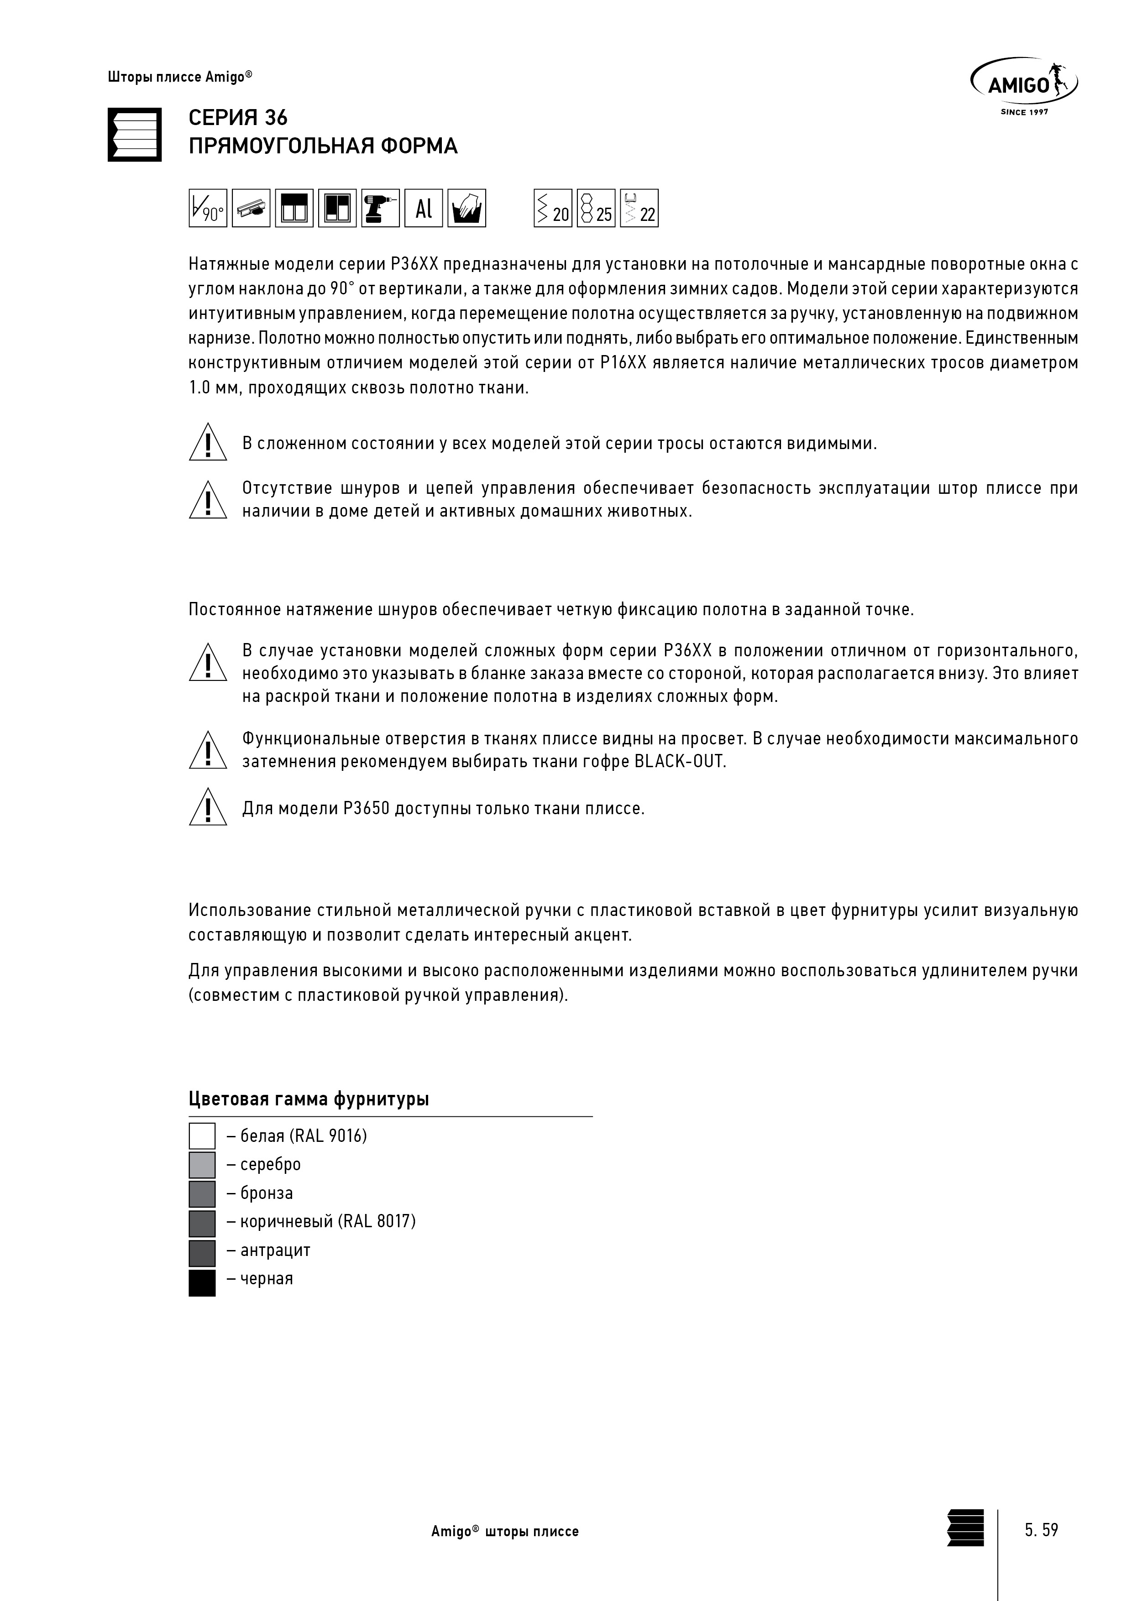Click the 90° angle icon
pos(207,209)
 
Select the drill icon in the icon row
pos(380,209)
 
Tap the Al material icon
pos(424,209)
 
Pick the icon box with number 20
pos(552,209)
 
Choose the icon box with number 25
pos(596,209)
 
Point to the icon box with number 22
pos(639,209)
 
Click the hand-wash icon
pos(466,209)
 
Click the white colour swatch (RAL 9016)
pos(202,1136)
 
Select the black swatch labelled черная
pos(202,1283)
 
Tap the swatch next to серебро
pos(202,1165)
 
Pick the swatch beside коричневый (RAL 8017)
pos(202,1224)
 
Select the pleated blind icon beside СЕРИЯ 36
pos(135,135)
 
